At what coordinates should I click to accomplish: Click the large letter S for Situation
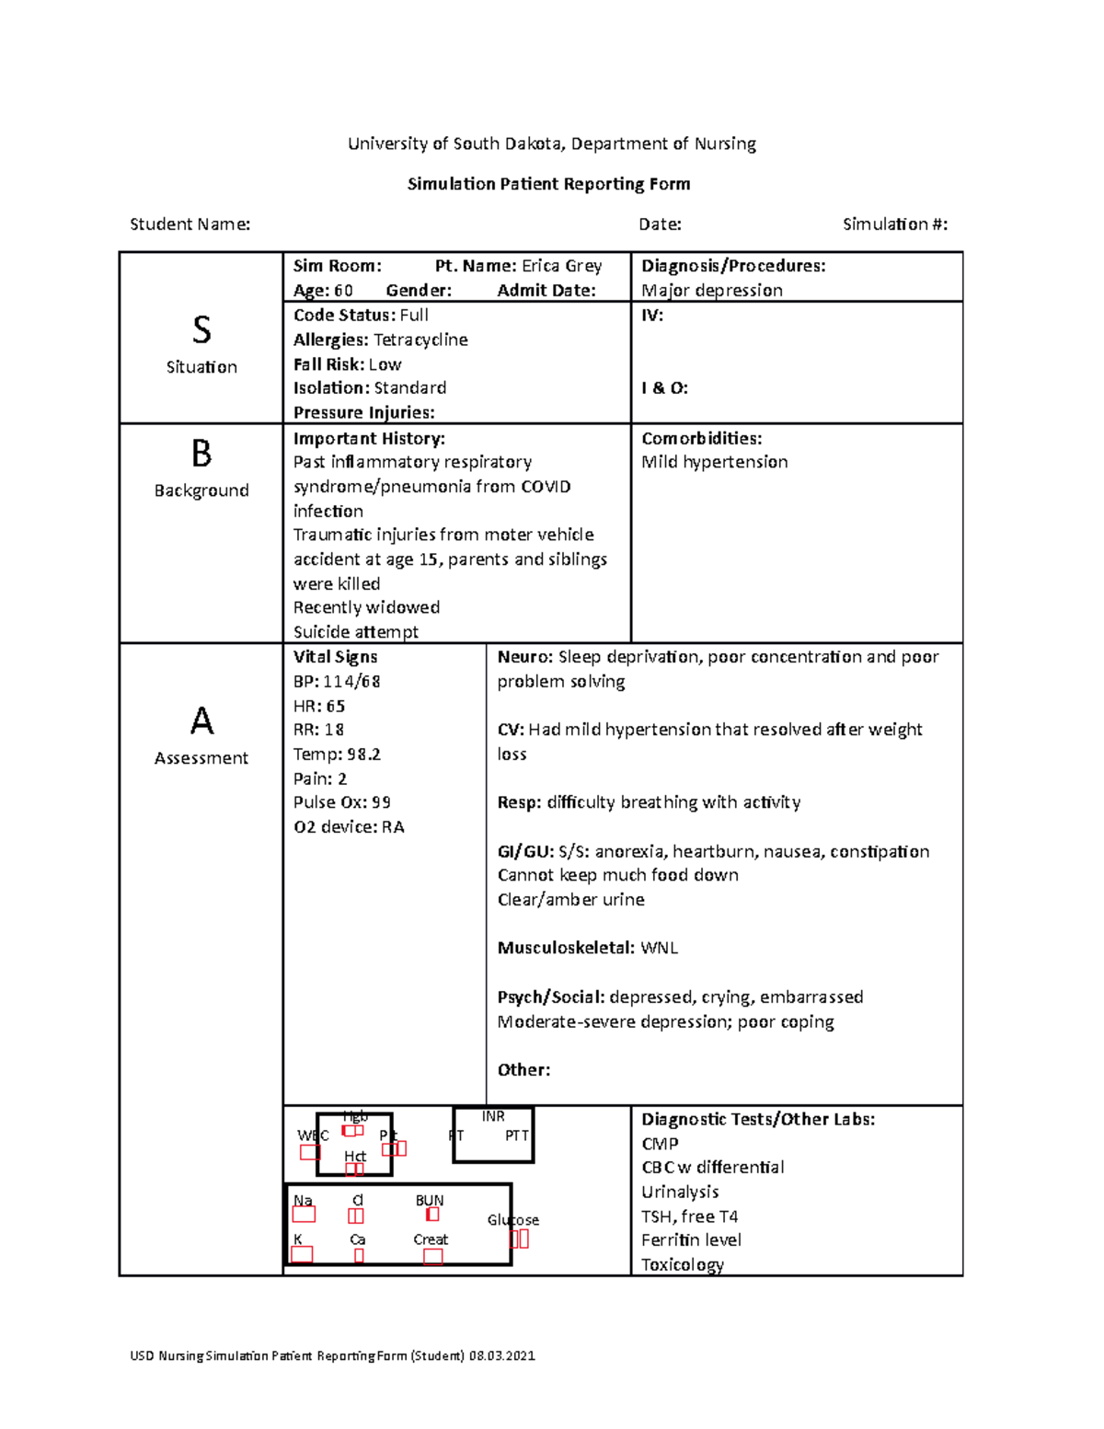pyautogui.click(x=201, y=329)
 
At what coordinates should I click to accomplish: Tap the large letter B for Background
pyautogui.click(x=201, y=454)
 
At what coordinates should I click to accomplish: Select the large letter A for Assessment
pyautogui.click(x=201, y=720)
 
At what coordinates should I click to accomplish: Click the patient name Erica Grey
pyautogui.click(x=561, y=266)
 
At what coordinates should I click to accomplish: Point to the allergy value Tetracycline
pyautogui.click(x=420, y=340)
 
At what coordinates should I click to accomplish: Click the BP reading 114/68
pyautogui.click(x=351, y=682)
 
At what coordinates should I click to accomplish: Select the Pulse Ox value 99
pyautogui.click(x=381, y=802)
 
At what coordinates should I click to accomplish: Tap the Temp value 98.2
pyautogui.click(x=363, y=755)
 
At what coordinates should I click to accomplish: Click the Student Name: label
pyautogui.click(x=190, y=225)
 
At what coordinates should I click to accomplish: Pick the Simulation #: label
pyautogui.click(x=894, y=225)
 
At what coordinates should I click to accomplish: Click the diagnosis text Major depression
pyautogui.click(x=712, y=291)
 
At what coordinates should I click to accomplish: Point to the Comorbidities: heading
pyautogui.click(x=701, y=439)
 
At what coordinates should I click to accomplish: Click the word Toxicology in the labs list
pyautogui.click(x=683, y=1264)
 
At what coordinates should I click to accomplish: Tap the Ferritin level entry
pyautogui.click(x=691, y=1240)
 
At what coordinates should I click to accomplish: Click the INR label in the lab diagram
pyautogui.click(x=493, y=1116)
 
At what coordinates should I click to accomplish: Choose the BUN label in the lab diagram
pyautogui.click(x=430, y=1201)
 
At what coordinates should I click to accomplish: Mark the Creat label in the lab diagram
pyautogui.click(x=431, y=1239)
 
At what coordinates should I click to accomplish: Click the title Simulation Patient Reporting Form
pyautogui.click(x=548, y=184)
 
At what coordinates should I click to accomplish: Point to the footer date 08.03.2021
pyautogui.click(x=501, y=1355)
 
